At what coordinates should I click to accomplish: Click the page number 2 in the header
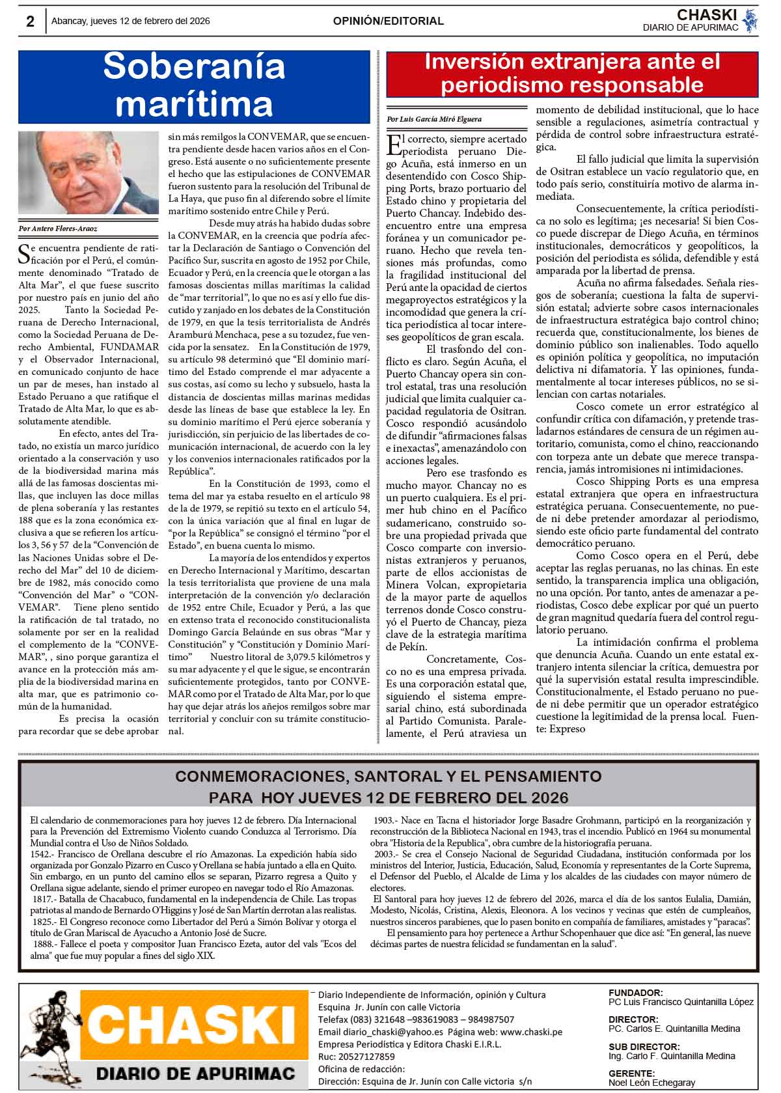tap(30, 21)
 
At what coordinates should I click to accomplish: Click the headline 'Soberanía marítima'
tap(194, 85)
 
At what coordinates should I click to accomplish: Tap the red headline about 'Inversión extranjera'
tap(572, 74)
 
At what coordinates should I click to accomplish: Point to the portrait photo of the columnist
tap(89, 173)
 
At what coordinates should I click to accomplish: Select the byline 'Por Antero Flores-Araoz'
tap(58, 229)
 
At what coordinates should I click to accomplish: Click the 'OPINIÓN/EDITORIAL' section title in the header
tap(388, 21)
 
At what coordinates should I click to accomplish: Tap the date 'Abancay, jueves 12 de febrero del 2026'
tap(130, 21)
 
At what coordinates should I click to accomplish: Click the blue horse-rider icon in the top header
tap(750, 21)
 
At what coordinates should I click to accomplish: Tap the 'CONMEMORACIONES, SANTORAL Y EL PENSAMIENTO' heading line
tap(389, 777)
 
